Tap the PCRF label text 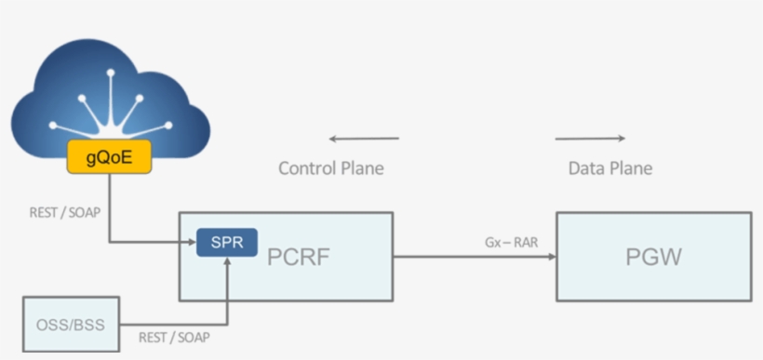tap(297, 256)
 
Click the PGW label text tap(654, 256)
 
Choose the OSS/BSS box tap(71, 325)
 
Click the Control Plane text tap(330, 168)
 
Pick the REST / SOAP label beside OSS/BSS tap(176, 337)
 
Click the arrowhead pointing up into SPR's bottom tap(226, 261)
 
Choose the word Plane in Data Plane tap(630, 168)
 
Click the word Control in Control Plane tap(307, 168)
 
